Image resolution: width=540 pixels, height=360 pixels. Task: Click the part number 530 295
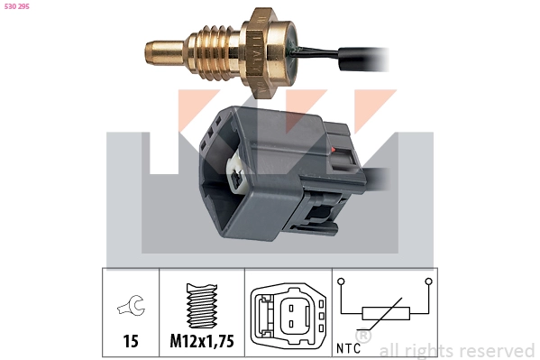17,6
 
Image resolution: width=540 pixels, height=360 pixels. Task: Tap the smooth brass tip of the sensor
164,53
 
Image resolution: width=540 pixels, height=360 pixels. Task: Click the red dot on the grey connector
333,149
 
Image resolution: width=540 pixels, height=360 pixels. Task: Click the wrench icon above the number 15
132,305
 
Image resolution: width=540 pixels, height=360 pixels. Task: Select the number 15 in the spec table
131,341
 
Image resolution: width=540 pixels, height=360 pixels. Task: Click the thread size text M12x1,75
202,341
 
